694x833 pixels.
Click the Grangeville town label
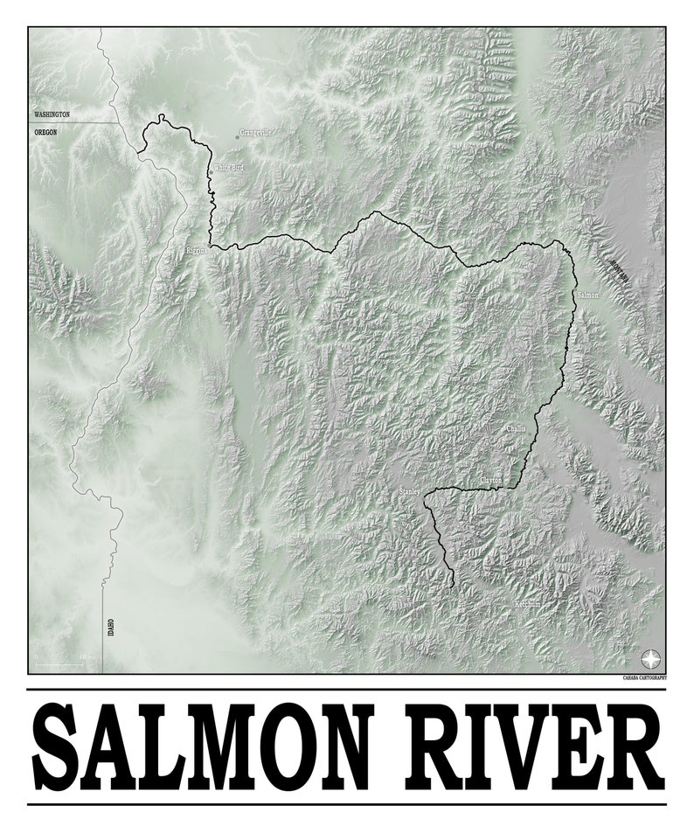(256, 133)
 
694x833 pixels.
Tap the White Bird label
(228, 167)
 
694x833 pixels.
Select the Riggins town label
(198, 251)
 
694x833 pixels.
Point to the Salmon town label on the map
(588, 295)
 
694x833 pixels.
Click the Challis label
(516, 428)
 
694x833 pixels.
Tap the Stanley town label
(410, 493)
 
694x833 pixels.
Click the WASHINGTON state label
(52, 115)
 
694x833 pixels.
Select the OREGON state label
(45, 132)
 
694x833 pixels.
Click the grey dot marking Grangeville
(237, 136)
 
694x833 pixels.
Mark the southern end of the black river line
(453, 585)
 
